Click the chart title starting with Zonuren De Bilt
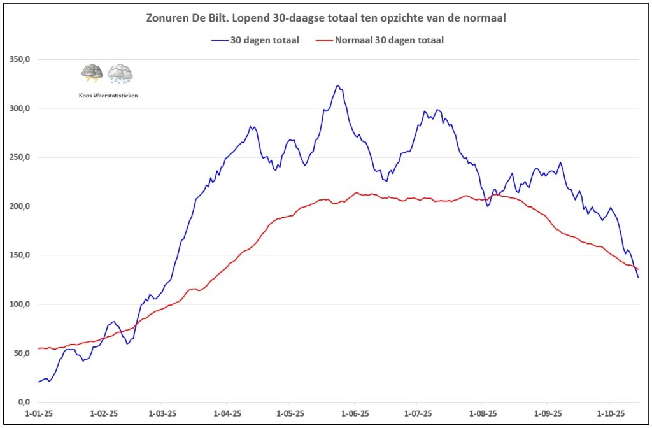pos(326,18)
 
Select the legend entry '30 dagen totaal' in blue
pos(255,40)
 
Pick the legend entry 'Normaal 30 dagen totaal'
pos(379,40)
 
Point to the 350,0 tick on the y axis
pos(20,59)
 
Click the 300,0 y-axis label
pos(20,108)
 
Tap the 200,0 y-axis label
pos(20,206)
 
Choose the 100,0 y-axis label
pos(20,304)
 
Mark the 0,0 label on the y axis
pos(24,402)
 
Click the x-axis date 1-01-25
pos(39,413)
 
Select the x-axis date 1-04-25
pos(227,413)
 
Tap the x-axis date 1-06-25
pos(355,413)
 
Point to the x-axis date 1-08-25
pos(483,413)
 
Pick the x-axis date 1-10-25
pos(610,413)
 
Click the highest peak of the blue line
pos(338,86)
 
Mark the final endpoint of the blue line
pos(638,278)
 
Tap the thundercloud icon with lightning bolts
pos(92,73)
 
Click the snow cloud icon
pos(120,74)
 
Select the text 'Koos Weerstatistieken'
pos(108,96)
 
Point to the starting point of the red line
pos(38,348)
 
